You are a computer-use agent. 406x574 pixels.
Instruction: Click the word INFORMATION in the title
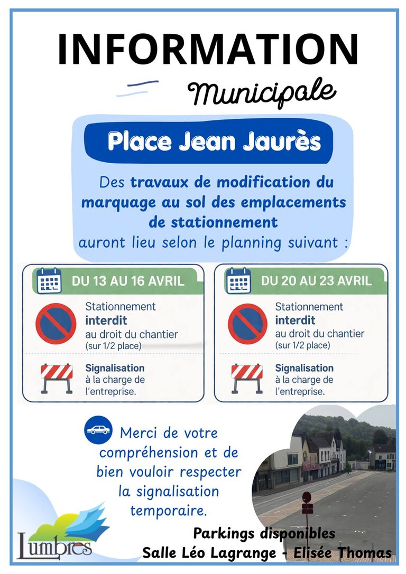[208, 49]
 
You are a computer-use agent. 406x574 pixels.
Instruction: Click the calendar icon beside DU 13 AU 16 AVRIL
[50, 280]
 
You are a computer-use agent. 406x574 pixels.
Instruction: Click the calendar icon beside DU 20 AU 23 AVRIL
[238, 280]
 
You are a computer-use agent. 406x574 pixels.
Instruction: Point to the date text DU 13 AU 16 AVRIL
[128, 281]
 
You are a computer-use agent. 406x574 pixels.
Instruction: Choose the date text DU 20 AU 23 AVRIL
[316, 281]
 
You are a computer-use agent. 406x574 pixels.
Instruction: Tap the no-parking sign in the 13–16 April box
[56, 324]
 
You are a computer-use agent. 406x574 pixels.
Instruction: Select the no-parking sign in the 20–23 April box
[247, 324]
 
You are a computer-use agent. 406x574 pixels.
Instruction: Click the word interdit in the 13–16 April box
[106, 321]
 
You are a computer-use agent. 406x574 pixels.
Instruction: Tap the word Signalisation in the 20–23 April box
[304, 368]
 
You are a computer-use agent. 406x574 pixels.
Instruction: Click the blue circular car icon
[98, 429]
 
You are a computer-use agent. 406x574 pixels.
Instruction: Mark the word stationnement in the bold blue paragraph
[213, 222]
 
